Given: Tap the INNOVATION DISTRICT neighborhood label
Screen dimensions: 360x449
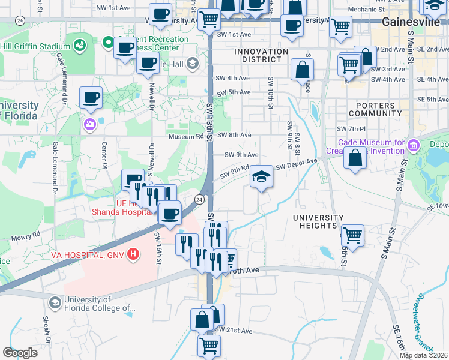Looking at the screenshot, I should (x=261, y=56).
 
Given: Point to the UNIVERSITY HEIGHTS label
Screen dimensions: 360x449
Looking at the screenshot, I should (x=318, y=221).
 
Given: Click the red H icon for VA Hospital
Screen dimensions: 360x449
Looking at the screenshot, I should (x=133, y=254).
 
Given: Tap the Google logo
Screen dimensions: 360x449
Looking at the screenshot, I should (x=20, y=352).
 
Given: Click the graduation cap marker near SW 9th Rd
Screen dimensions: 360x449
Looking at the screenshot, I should (x=261, y=177).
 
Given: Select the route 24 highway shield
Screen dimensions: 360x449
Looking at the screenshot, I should (x=199, y=199).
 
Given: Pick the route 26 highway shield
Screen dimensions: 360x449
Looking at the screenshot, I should (x=20, y=20).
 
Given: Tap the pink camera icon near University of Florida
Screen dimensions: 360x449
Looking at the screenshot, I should (x=89, y=124).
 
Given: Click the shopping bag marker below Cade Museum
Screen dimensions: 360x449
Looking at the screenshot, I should (x=355, y=158).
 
